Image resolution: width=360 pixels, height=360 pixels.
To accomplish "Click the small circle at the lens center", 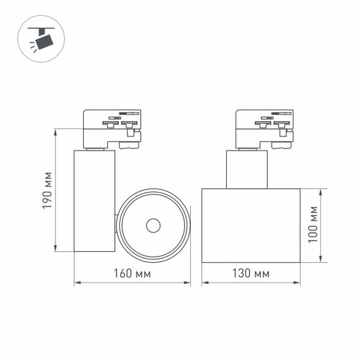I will tap(153, 225).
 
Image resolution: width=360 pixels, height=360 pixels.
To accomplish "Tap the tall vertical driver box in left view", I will tap(94, 200).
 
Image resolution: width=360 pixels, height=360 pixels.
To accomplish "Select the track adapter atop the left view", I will tap(112, 128).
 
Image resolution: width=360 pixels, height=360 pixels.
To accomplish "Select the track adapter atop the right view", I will tap(264, 128).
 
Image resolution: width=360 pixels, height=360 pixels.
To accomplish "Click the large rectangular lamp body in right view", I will tap(251, 225).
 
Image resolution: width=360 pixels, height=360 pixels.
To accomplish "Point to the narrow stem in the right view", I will tap(247, 169).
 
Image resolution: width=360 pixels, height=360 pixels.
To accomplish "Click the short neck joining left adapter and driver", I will tap(95, 149).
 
